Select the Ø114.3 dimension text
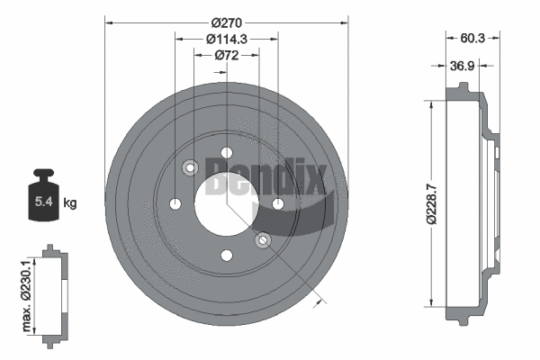(226, 38)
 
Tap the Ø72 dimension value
(226, 56)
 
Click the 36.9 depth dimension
(462, 65)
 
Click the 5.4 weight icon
(42, 195)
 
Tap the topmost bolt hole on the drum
(227, 152)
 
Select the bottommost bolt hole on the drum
(226, 256)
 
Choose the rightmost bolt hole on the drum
(278, 204)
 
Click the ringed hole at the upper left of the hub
(190, 167)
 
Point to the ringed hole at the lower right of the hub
(263, 240)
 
